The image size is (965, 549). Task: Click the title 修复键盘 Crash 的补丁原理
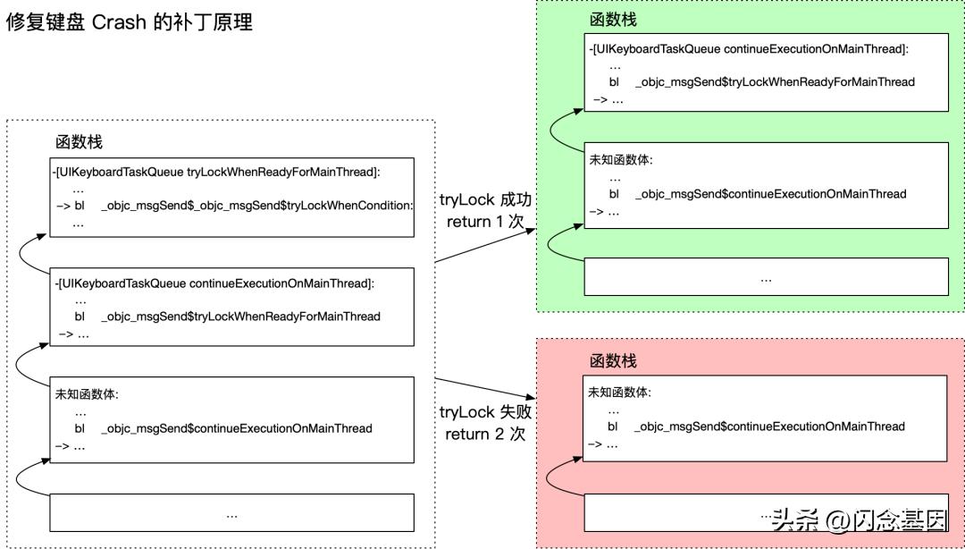click(130, 22)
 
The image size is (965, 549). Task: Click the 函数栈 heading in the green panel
click(613, 20)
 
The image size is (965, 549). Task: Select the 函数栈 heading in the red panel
click(613, 360)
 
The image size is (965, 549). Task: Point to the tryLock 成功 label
click(484, 199)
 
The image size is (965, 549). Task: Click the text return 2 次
click(485, 435)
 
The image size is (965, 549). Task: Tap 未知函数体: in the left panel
click(87, 394)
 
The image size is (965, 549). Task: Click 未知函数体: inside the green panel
click(620, 160)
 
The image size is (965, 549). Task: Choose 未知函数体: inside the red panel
click(619, 393)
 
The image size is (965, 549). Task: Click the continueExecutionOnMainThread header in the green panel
click(749, 48)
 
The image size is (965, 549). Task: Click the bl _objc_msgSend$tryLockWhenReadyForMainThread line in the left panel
click(228, 317)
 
